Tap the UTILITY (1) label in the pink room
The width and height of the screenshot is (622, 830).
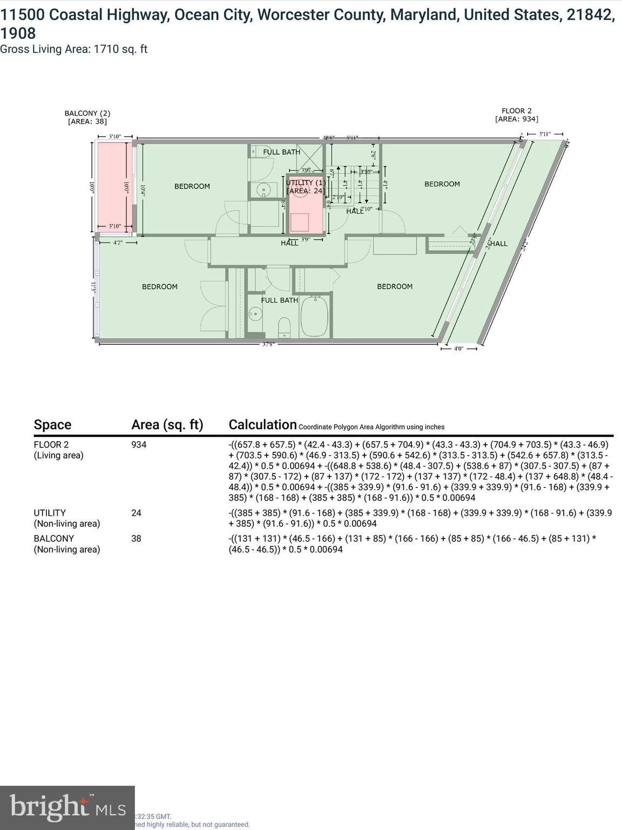[306, 183]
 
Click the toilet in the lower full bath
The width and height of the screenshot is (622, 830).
[284, 326]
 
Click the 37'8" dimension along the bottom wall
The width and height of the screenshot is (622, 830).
[268, 344]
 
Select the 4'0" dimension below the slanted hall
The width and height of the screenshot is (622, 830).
[458, 349]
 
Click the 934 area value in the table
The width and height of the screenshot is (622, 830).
[139, 445]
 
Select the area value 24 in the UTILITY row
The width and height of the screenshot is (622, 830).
[136, 513]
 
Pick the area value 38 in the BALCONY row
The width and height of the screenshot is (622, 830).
[136, 539]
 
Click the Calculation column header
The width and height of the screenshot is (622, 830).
[262, 425]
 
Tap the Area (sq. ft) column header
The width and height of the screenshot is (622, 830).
[167, 425]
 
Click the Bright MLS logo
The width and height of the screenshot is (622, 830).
[67, 807]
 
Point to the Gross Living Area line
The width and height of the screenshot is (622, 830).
[74, 49]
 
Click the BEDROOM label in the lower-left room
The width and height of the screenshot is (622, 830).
[160, 287]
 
